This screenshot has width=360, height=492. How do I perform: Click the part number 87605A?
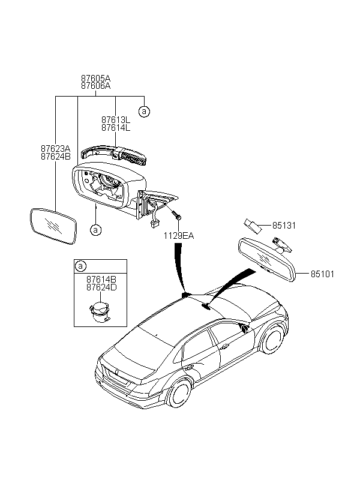(96, 78)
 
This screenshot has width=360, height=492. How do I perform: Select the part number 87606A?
(96, 86)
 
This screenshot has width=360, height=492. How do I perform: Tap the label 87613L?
(116, 120)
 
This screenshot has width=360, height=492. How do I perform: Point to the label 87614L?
(116, 128)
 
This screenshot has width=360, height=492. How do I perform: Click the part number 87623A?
(56, 148)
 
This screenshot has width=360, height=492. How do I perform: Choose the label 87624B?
(56, 156)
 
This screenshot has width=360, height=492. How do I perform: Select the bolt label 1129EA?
(179, 236)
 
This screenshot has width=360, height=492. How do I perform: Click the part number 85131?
(284, 226)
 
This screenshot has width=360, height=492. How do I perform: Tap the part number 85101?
(322, 274)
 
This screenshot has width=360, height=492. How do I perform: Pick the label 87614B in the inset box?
(101, 279)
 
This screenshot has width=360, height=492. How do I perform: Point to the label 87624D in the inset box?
(101, 287)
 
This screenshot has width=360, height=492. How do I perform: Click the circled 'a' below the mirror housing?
(95, 230)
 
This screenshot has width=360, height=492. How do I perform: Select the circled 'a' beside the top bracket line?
(144, 111)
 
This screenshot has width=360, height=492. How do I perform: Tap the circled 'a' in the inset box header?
(80, 266)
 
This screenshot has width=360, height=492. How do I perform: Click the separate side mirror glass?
(53, 226)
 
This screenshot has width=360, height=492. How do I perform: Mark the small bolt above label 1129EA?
(177, 215)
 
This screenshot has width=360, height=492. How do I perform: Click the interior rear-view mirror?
(267, 260)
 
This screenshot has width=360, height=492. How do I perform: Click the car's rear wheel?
(180, 393)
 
